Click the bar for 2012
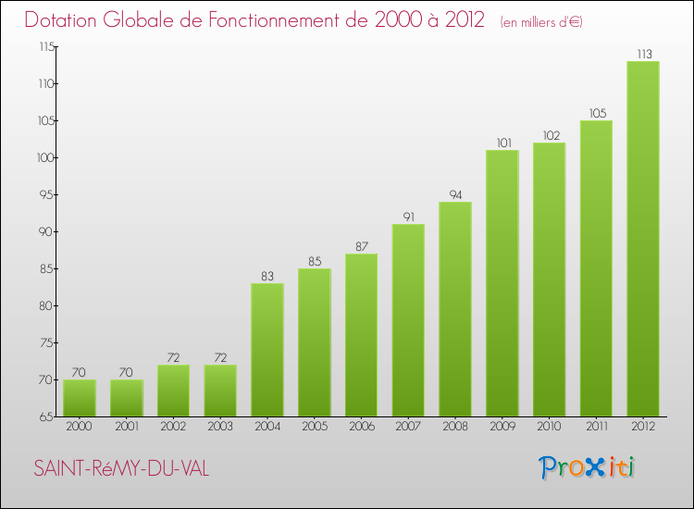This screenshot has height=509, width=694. click(x=643, y=239)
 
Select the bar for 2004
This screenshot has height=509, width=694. click(x=267, y=350)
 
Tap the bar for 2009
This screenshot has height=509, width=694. click(x=502, y=283)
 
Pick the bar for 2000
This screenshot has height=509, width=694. click(x=80, y=398)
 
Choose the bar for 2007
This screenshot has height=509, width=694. click(x=408, y=320)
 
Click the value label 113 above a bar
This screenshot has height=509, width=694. click(x=643, y=54)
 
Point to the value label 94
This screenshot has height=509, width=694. click(x=455, y=194)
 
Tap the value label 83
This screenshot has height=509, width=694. click(x=267, y=276)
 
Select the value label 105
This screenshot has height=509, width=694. click(x=596, y=113)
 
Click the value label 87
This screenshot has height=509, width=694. click(x=361, y=246)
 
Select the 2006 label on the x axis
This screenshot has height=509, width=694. click(x=361, y=427)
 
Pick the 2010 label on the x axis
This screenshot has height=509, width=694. click(x=550, y=427)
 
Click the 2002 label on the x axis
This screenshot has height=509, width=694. click(x=173, y=427)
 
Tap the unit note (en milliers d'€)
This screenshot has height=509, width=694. click(x=541, y=21)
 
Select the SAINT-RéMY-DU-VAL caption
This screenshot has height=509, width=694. click(x=121, y=469)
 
